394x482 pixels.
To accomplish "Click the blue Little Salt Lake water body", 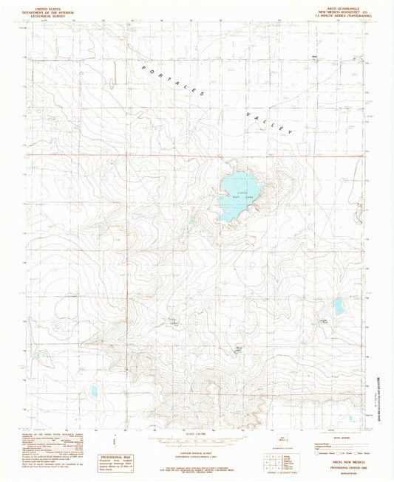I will coord(237,196).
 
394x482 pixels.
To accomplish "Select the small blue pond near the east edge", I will coord(338,307).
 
